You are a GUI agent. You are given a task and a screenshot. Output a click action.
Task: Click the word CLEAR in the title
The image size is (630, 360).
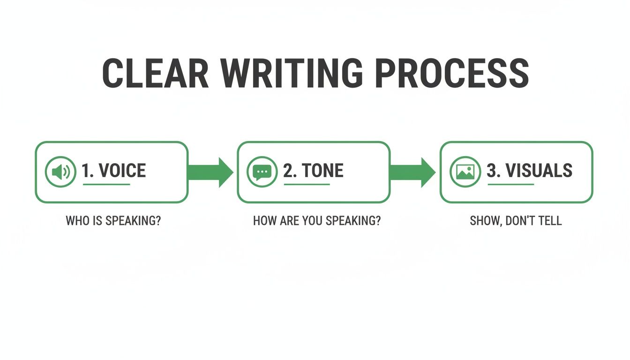pos(155,74)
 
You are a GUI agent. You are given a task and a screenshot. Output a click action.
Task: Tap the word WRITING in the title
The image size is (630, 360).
pos(292,74)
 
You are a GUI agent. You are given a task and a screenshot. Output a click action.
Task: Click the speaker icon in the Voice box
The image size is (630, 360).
pos(60,172)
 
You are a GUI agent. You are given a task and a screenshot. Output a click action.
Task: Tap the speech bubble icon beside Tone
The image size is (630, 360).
pos(262,172)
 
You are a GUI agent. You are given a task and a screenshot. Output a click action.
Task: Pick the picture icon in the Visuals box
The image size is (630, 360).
pos(465,172)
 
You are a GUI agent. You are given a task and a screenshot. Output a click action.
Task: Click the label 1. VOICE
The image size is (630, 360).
pos(113,171)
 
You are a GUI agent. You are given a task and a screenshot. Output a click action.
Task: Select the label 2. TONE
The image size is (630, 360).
pos(313,171)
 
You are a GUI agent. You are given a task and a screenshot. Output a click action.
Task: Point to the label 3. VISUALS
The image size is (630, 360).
pos(529,171)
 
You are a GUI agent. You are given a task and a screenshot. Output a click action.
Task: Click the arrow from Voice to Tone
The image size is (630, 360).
pos(211,172)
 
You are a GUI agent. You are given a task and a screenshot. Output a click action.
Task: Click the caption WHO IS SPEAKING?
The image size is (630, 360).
pos(113,220)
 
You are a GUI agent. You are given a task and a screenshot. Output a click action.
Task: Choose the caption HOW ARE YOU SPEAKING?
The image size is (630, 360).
pos(317,220)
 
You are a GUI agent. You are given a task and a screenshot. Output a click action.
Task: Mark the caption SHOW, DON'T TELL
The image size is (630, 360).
pos(516,220)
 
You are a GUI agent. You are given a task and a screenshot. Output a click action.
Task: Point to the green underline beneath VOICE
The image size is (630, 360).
pos(106,184)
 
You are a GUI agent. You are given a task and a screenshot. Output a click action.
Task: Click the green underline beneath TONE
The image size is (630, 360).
pos(307,184)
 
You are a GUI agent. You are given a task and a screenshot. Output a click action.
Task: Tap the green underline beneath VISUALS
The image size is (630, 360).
pos(510,184)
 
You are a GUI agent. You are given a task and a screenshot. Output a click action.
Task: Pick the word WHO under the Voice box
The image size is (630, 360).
pos(77,220)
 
